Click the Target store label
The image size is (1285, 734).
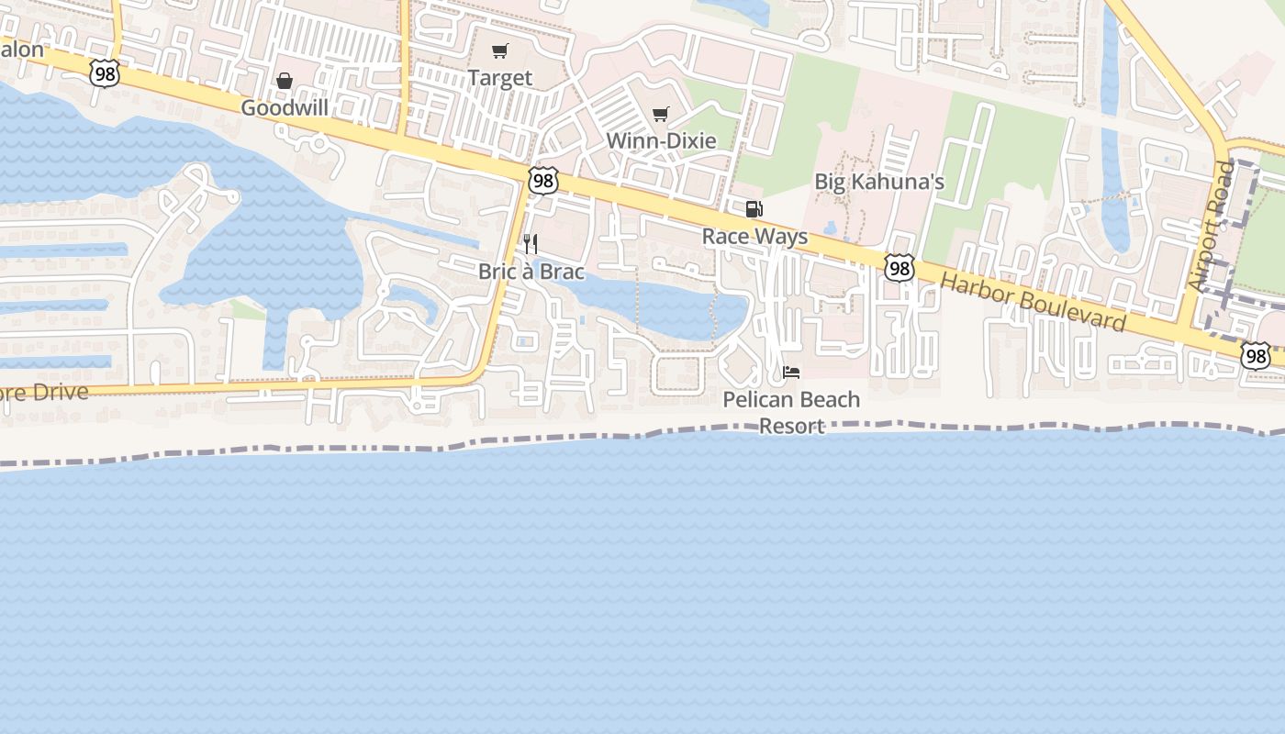click(499, 78)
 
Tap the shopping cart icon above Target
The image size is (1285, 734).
click(499, 51)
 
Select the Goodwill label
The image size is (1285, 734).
click(285, 108)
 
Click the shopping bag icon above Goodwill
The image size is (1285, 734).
click(285, 82)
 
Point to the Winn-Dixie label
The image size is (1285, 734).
click(661, 141)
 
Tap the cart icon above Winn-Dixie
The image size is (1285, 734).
click(660, 115)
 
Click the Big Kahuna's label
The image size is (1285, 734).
click(879, 182)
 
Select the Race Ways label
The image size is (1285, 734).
click(754, 236)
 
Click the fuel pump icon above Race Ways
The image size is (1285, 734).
click(754, 209)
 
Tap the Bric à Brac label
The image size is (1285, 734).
click(531, 272)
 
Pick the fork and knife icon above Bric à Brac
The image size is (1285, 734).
click(531, 244)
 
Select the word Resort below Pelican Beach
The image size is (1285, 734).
click(791, 427)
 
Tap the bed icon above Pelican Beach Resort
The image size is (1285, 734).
click(791, 373)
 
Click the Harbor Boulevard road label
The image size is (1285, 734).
click(1034, 302)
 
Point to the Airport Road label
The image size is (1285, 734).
click(1211, 228)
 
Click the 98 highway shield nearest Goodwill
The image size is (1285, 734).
click(105, 74)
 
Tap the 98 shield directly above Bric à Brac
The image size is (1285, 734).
click(543, 181)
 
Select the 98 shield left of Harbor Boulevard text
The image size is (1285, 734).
click(899, 268)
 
